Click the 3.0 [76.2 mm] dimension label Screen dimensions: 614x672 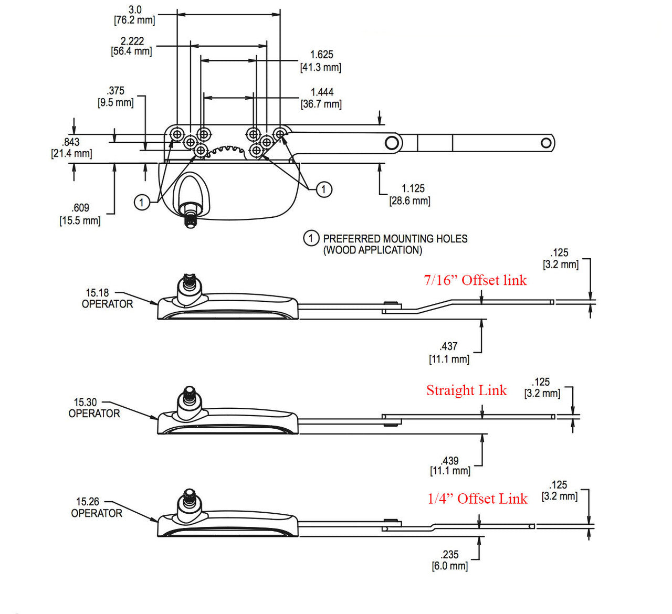(134, 15)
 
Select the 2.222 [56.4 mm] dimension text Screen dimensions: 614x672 (132, 46)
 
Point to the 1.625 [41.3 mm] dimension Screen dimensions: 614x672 (321, 61)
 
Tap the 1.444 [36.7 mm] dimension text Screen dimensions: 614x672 (321, 98)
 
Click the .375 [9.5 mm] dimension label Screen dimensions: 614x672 (115, 97)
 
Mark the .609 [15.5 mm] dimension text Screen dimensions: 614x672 (80, 214)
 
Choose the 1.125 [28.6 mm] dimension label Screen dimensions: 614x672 (410, 195)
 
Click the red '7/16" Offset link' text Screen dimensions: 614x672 (475, 280)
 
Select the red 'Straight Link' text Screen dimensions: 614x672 (466, 390)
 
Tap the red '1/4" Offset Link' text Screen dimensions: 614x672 (477, 499)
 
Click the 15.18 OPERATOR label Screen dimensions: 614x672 (107, 299)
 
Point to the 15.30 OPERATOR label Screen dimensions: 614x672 (94, 408)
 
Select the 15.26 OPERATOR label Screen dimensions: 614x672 (97, 507)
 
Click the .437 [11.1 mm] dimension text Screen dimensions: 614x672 (449, 353)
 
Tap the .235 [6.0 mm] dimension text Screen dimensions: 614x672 (450, 560)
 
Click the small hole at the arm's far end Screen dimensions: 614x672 (546, 143)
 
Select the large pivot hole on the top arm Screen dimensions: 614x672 (391, 143)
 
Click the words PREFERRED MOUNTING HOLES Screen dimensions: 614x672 (395, 239)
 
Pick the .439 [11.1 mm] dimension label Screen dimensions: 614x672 (450, 465)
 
